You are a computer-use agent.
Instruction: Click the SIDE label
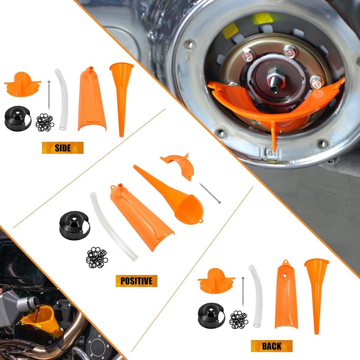(x=63, y=148)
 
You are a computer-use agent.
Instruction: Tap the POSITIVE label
(x=136, y=281)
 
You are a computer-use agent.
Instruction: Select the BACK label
(x=271, y=346)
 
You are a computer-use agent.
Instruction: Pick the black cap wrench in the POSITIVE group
(x=75, y=225)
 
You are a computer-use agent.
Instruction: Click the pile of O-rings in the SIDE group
(x=45, y=122)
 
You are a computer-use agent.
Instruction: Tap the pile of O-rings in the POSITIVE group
(x=97, y=257)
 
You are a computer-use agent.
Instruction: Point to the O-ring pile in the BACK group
(x=239, y=320)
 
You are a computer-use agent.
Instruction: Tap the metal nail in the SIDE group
(x=49, y=95)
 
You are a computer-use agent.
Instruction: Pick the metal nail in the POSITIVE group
(x=210, y=193)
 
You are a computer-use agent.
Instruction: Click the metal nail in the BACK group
(x=243, y=291)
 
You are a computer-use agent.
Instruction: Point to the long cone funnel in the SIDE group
(x=121, y=95)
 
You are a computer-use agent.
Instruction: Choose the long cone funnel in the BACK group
(x=316, y=292)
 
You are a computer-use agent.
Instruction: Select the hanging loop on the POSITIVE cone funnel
(x=200, y=221)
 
